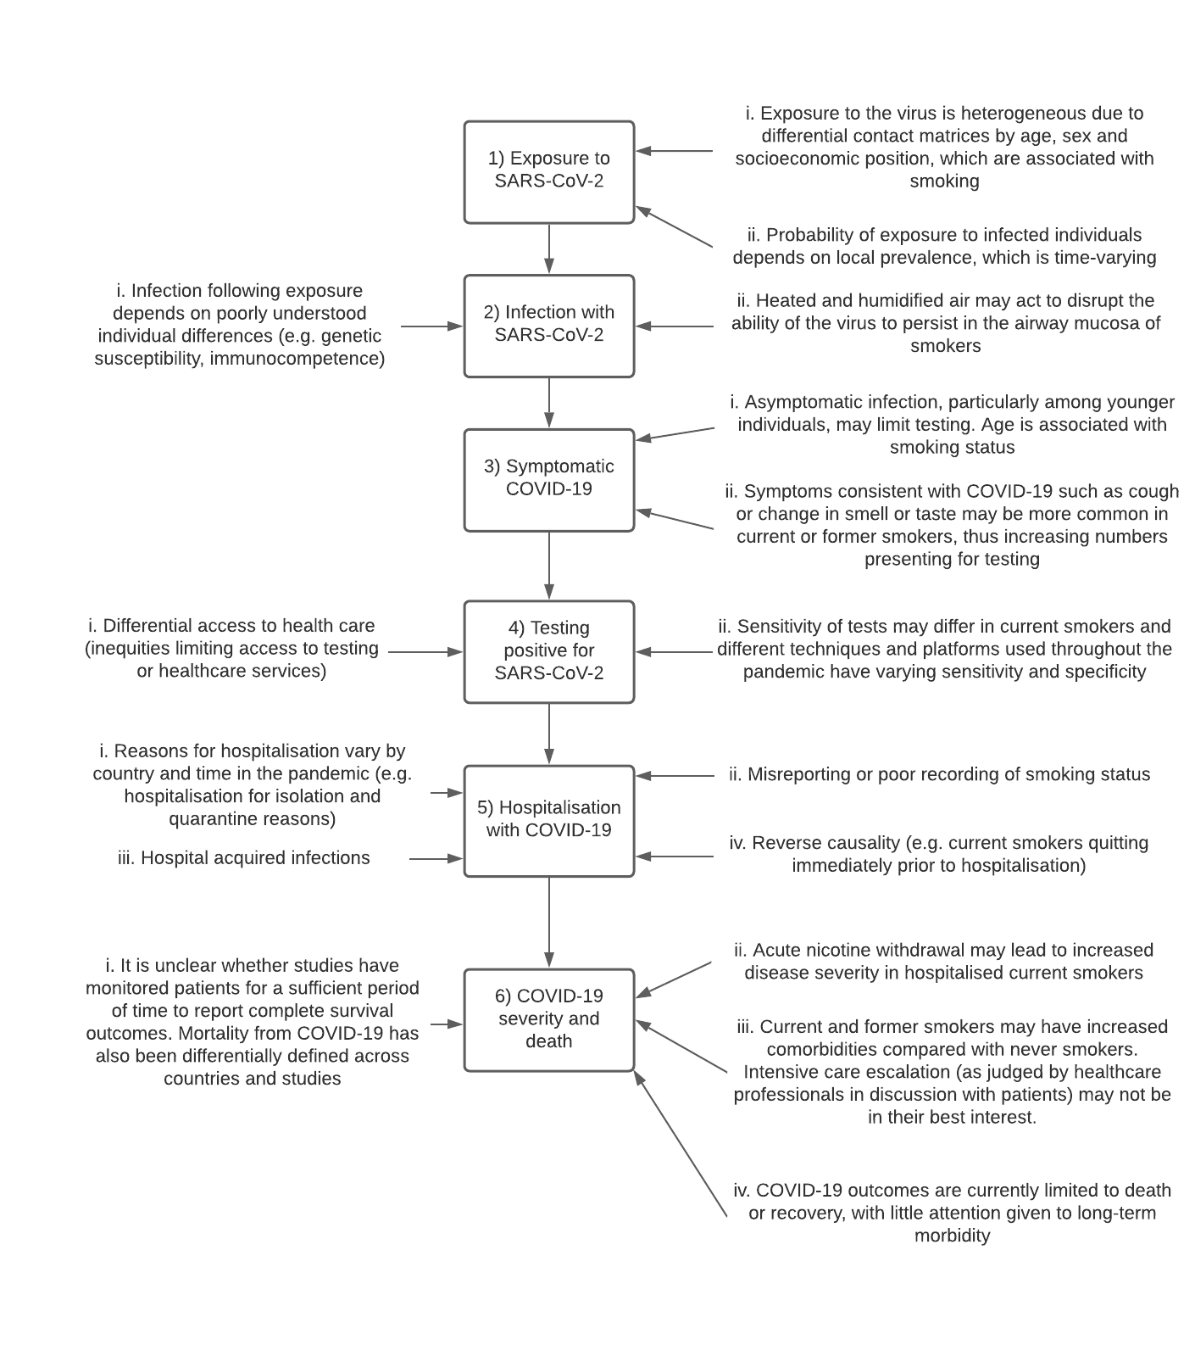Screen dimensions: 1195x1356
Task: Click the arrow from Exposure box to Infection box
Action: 549,249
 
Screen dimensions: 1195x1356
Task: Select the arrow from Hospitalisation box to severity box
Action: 549,923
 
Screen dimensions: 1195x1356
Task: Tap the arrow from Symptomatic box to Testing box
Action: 549,566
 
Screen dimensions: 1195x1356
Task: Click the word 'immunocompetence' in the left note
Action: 297,359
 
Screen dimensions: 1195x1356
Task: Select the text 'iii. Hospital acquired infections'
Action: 244,858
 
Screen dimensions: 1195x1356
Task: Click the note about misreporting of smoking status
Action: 939,774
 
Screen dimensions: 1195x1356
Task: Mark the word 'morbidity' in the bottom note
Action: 952,1236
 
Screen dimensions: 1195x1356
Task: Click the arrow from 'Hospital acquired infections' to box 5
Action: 436,859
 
